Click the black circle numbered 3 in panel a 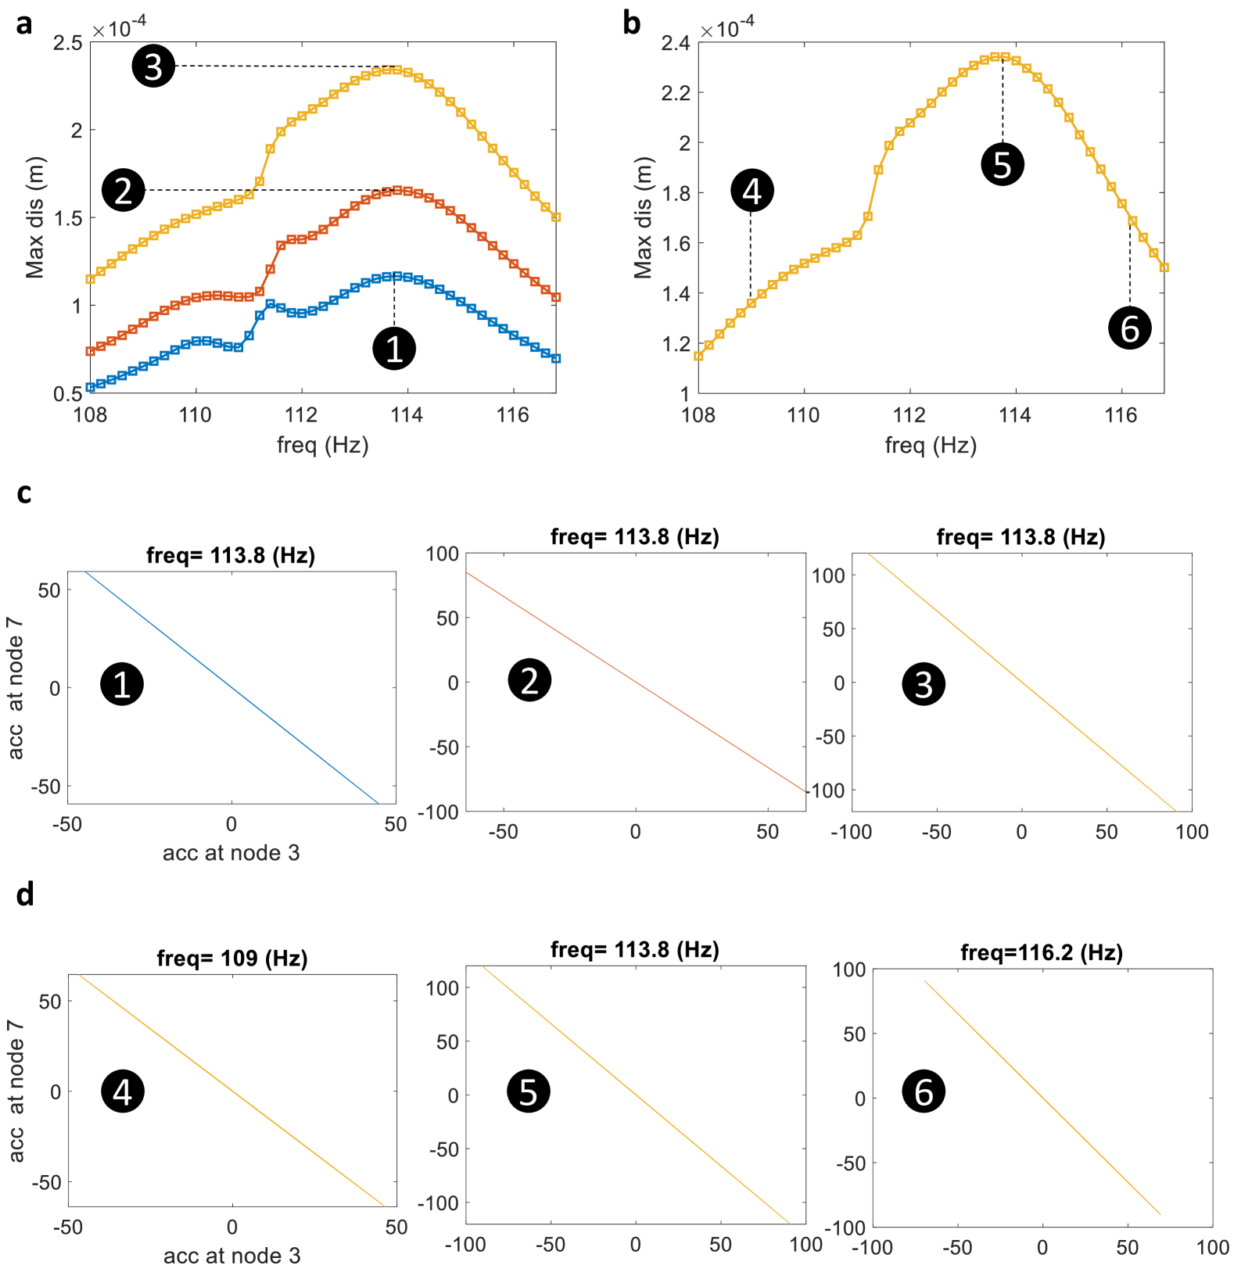point(153,66)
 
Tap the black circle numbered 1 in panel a point(394,348)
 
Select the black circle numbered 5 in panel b point(1003,164)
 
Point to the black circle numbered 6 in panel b point(1130,328)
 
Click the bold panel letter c point(23,493)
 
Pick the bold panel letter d point(25,894)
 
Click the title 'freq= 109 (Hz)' point(232,958)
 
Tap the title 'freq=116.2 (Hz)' point(1042,952)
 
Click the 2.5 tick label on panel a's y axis point(68,43)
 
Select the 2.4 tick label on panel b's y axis point(676,43)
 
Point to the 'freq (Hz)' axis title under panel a point(322,445)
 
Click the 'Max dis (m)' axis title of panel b point(643,217)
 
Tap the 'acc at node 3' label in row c point(231,852)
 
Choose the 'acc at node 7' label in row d point(16,1090)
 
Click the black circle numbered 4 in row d point(123,1091)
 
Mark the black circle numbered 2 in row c point(529,680)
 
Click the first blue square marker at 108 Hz point(90,387)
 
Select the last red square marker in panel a point(556,297)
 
